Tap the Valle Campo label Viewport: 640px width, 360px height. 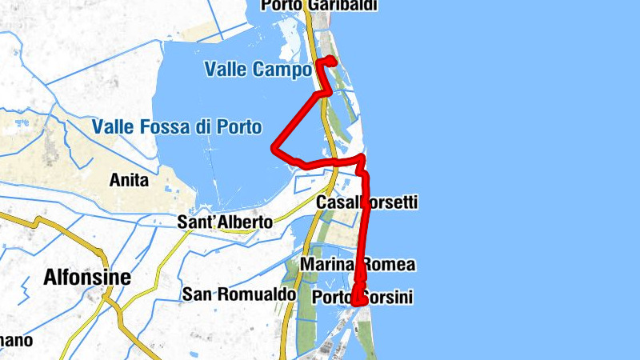tap(258, 70)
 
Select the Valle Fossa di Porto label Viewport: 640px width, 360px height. tap(176, 126)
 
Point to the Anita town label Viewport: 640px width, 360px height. tap(129, 181)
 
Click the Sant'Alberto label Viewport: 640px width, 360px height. tap(225, 222)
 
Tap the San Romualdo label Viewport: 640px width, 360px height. tap(238, 295)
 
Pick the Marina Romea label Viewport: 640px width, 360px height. tap(358, 265)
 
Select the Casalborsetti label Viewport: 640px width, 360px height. tap(367, 203)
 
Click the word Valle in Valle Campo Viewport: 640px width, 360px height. tap(226, 70)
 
